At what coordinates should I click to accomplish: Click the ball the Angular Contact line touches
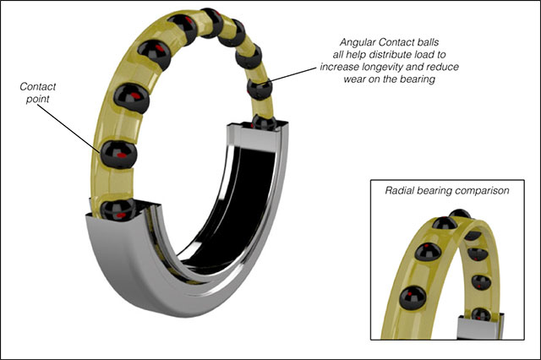point(260,90)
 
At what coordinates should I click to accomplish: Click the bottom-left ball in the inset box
point(413,297)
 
